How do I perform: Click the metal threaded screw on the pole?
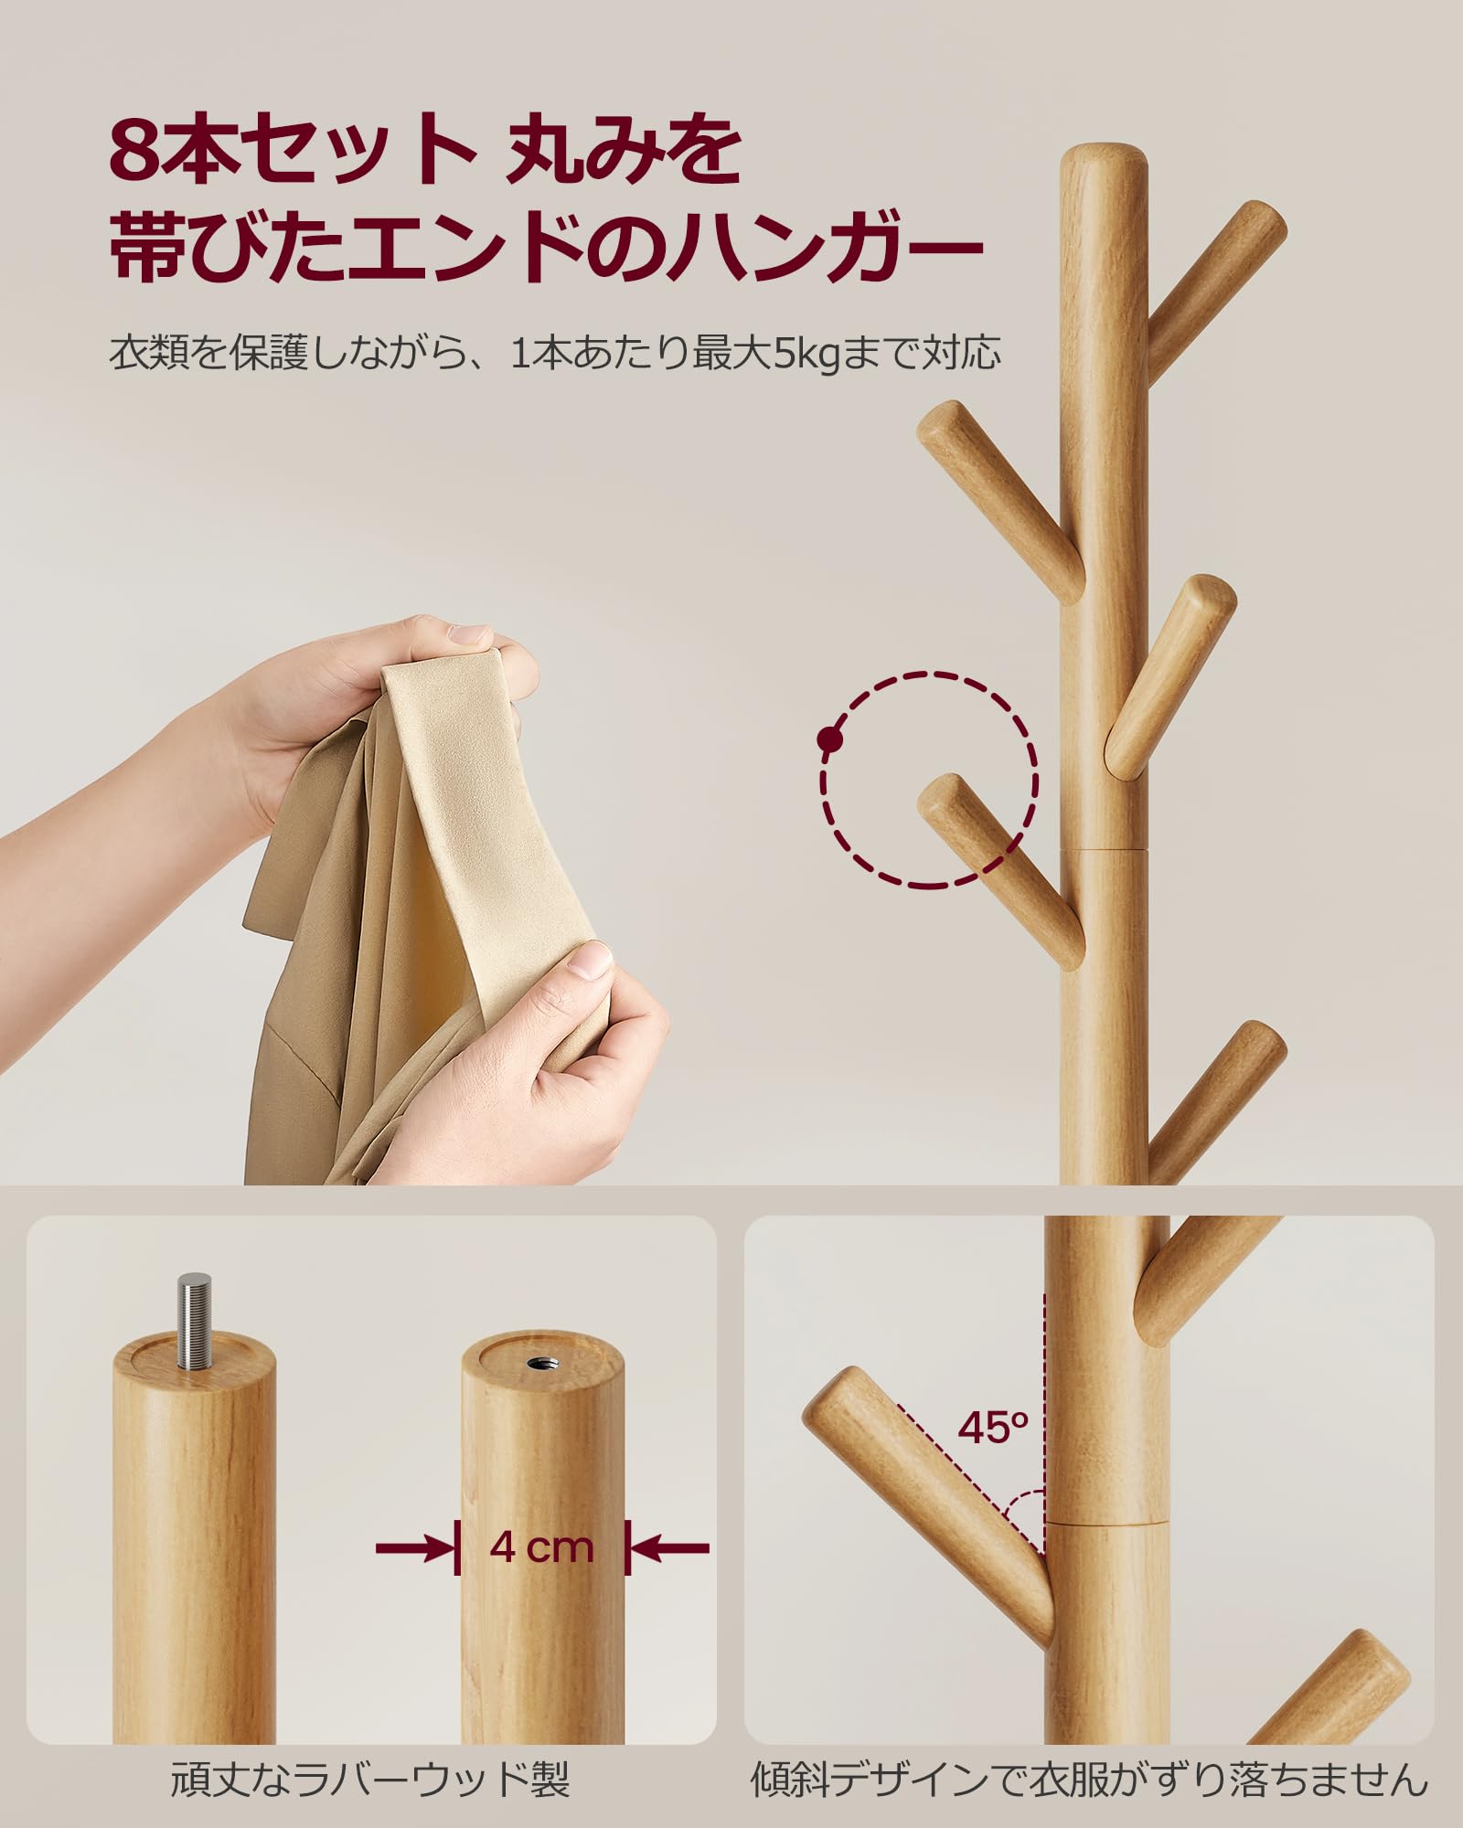194,1312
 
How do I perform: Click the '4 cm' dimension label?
541,1547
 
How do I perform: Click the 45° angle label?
993,1428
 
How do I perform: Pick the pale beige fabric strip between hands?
494,823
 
